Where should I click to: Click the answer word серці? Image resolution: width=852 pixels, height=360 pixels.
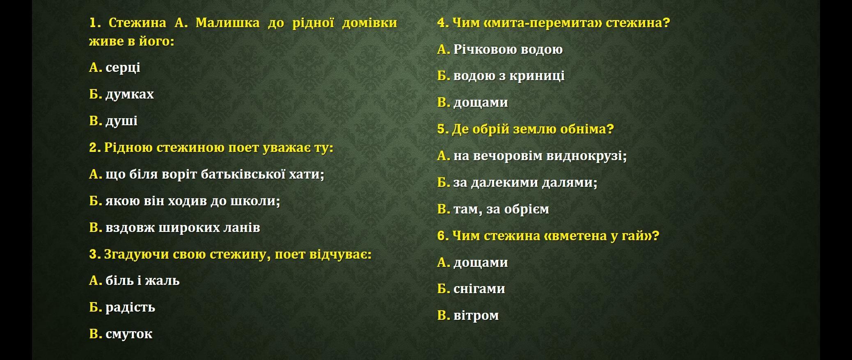[123, 68]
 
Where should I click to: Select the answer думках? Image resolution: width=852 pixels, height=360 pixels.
[130, 94]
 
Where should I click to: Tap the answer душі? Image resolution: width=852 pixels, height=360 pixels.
[121, 121]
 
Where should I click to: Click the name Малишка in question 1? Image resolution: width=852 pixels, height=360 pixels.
[227, 23]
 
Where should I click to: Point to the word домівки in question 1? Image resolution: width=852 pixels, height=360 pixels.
[369, 23]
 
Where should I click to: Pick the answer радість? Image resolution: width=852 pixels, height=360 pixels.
[130, 307]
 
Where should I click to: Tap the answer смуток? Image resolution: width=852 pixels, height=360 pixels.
[129, 334]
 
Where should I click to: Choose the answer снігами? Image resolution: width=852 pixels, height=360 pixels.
[479, 289]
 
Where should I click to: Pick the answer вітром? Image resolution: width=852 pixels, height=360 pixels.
[476, 316]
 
